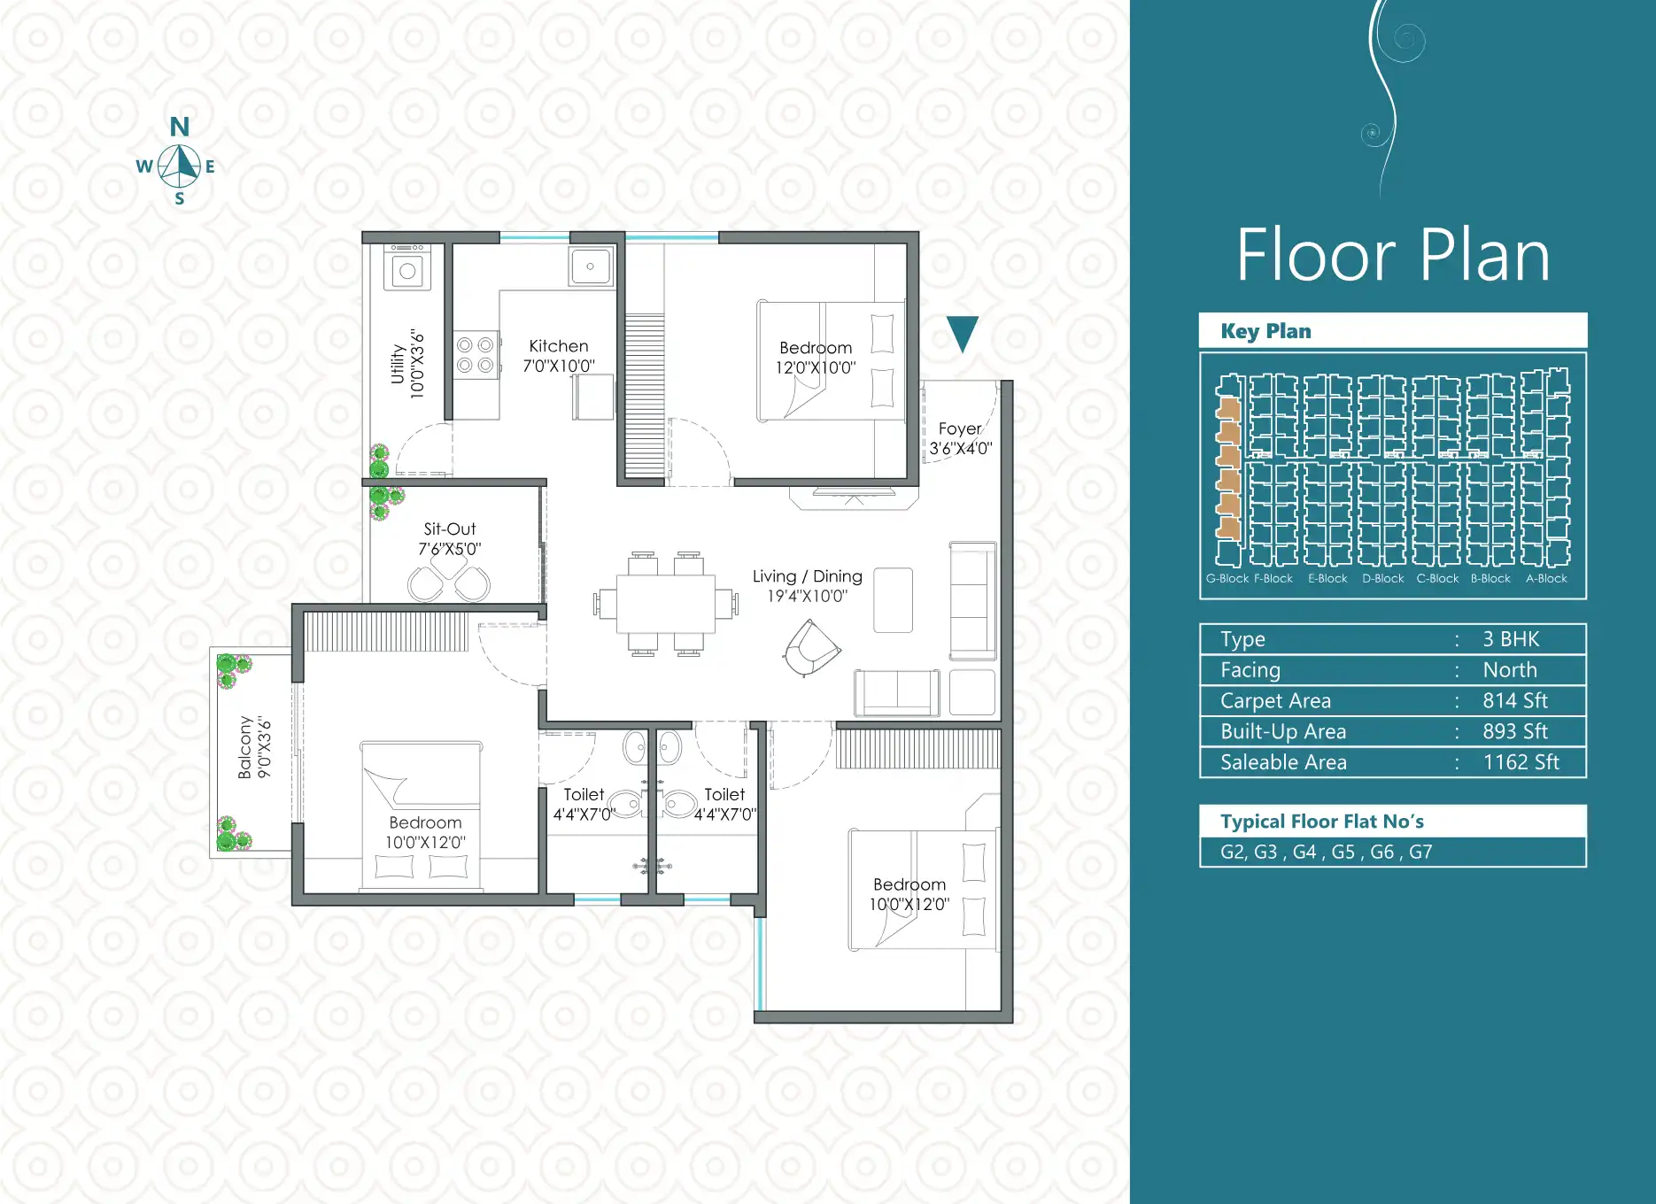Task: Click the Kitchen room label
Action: click(559, 346)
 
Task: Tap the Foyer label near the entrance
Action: click(960, 428)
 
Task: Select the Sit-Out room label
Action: click(450, 529)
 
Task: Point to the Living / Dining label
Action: click(808, 576)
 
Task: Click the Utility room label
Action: click(398, 364)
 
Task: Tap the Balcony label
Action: click(245, 747)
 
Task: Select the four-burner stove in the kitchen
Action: click(476, 355)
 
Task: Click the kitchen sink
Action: click(591, 266)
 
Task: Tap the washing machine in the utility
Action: click(407, 267)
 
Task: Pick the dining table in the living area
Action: click(666, 605)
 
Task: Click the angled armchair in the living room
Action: click(810, 647)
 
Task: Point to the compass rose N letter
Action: click(180, 127)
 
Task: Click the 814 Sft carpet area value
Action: click(1515, 701)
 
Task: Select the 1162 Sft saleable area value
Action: click(1521, 762)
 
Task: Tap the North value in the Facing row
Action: click(1510, 670)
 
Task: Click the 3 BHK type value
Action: click(1511, 639)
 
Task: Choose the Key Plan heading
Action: click(1265, 331)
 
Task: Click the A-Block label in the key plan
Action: click(1546, 578)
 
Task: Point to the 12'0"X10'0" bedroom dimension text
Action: click(816, 367)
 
